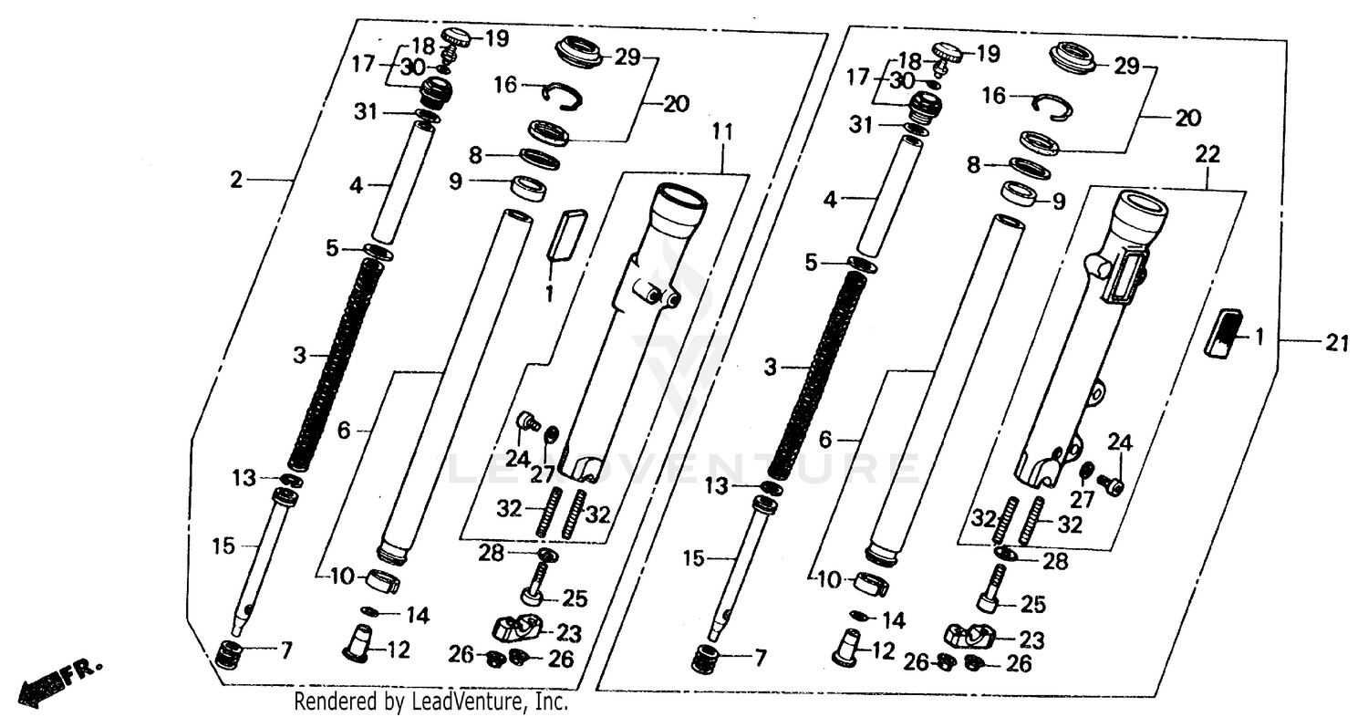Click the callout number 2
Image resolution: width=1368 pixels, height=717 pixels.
tap(237, 180)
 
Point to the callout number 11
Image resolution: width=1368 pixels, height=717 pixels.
tap(721, 133)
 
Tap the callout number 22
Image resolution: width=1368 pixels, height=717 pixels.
tap(1206, 155)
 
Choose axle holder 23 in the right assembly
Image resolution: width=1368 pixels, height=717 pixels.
tap(969, 635)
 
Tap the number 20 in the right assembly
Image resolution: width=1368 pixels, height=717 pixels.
tap(1187, 118)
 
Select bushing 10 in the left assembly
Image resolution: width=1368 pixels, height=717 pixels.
tap(382, 581)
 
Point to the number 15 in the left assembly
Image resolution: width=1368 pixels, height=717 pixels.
tap(223, 546)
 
